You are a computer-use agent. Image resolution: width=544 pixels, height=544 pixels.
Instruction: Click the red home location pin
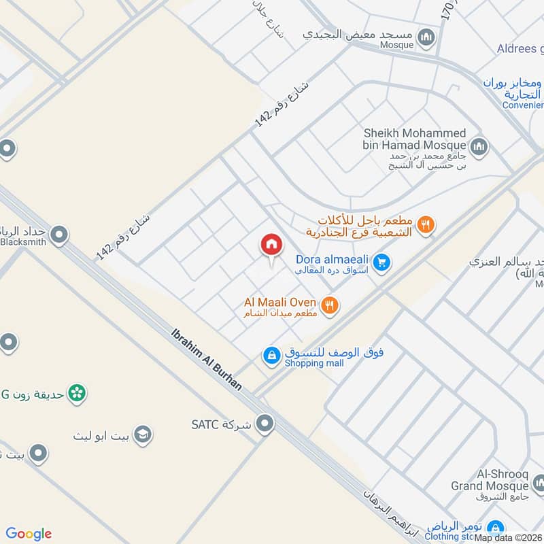point(271,245)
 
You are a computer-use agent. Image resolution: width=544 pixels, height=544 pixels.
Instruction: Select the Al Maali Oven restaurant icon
point(330,305)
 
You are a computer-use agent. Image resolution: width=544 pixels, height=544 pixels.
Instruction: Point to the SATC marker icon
point(266,424)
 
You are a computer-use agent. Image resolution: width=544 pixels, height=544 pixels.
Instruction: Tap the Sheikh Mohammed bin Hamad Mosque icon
point(479,146)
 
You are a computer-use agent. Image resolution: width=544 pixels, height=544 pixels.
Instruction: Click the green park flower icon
point(78,393)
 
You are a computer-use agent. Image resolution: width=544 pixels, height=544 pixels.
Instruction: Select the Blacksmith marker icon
point(60,235)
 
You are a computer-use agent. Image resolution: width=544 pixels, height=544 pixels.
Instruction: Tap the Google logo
point(29,534)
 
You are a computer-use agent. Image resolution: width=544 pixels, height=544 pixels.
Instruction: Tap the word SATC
point(203,424)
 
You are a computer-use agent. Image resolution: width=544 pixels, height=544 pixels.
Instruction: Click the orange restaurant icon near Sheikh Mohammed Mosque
point(426,224)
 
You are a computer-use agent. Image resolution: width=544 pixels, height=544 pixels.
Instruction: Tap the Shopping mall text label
point(314,363)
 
